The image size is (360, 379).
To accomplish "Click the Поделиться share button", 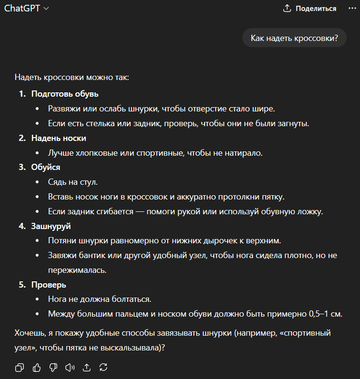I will tap(310, 9).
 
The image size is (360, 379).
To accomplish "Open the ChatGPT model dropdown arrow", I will tap(46, 9).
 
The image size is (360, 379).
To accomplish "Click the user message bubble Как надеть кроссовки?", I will tap(294, 38).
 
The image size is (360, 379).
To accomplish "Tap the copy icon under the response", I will tap(20, 367).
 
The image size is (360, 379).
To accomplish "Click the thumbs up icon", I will tap(36, 367).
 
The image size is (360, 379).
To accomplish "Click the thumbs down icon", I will tap(53, 367).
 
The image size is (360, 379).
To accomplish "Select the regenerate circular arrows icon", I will tap(103, 367).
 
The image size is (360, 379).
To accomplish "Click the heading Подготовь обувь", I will tap(65, 94).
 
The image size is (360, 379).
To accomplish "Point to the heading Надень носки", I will tap(59, 138).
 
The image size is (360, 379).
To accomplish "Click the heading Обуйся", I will tap(46, 167).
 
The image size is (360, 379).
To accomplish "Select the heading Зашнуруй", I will tap(51, 226).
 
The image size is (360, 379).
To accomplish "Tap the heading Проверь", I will tap(49, 285).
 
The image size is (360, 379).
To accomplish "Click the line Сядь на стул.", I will tap(73, 182).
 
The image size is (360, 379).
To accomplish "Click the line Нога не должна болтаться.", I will tap(99, 299).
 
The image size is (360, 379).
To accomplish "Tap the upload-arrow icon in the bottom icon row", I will tap(87, 367).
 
